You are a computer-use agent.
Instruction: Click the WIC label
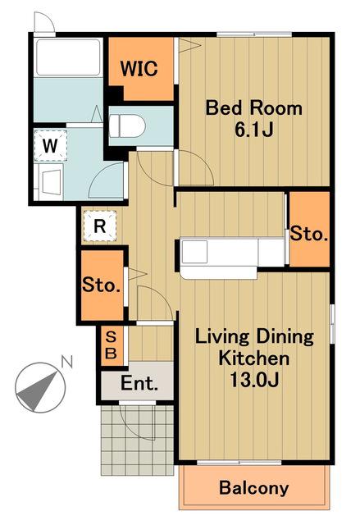[x=139, y=68]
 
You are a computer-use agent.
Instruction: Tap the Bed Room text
[x=253, y=108]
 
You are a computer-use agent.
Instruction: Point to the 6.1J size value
[x=254, y=130]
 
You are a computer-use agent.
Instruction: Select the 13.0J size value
[x=254, y=380]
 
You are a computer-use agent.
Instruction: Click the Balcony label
[x=254, y=488]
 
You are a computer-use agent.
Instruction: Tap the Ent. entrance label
[x=139, y=383]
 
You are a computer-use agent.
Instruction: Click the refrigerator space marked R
[x=100, y=226]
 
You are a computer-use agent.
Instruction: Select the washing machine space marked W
[x=51, y=146]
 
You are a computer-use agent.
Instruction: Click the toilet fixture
[x=127, y=126]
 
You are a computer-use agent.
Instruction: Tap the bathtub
[x=68, y=57]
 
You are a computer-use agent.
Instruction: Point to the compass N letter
[x=66, y=363]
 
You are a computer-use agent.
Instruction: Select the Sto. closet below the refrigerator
[x=103, y=285]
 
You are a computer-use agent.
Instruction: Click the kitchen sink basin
[x=194, y=252]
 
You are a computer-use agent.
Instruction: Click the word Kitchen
[x=254, y=358]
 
